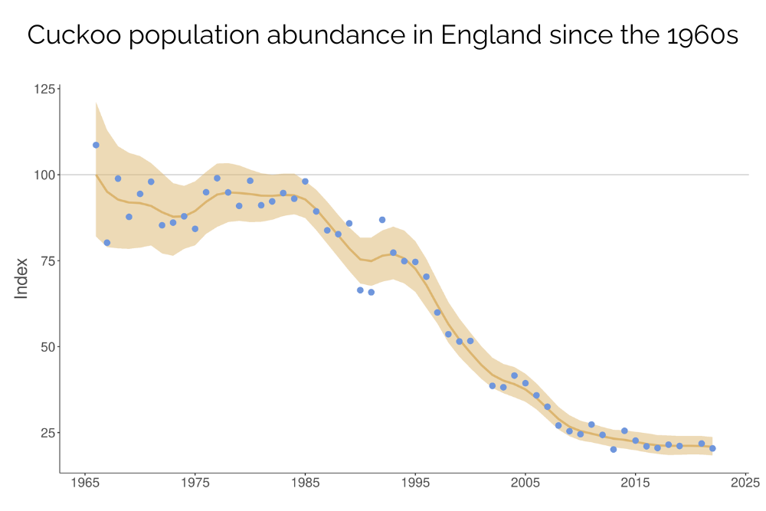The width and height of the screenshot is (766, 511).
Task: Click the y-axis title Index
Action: pyautogui.click(x=21, y=278)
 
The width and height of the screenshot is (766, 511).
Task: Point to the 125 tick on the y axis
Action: pyautogui.click(x=45, y=89)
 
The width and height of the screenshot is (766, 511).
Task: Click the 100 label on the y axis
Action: pyautogui.click(x=45, y=175)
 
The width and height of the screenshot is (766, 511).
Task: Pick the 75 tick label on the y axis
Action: pyautogui.click(x=47, y=260)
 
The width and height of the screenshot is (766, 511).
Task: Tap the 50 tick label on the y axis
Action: pyautogui.click(x=47, y=346)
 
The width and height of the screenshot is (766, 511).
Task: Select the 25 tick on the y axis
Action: pyautogui.click(x=47, y=433)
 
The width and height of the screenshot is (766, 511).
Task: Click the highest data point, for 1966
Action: pyautogui.click(x=96, y=145)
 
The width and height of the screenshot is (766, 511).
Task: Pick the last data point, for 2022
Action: pyautogui.click(x=712, y=448)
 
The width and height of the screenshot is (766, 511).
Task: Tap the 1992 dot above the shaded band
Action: pyautogui.click(x=382, y=220)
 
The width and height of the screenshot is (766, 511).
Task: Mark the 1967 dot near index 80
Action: pyautogui.click(x=107, y=243)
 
